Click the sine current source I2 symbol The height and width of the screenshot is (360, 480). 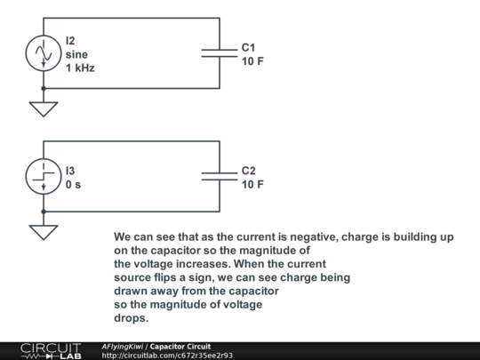[x=44, y=53]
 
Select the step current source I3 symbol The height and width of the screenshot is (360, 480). [x=44, y=176]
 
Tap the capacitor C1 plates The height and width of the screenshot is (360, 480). [x=220, y=53]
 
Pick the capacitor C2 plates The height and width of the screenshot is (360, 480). [x=220, y=176]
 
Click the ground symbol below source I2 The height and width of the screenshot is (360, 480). [x=44, y=109]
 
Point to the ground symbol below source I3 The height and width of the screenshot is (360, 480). [x=44, y=233]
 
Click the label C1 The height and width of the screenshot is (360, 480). [x=248, y=48]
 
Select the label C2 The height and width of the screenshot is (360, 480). [x=248, y=171]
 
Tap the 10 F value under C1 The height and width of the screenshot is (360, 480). [x=252, y=61]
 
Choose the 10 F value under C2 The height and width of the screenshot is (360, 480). [x=252, y=184]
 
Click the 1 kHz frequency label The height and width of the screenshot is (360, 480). [x=80, y=68]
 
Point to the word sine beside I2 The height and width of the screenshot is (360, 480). [x=76, y=54]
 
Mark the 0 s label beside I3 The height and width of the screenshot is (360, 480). [x=73, y=184]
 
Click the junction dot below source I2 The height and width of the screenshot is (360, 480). [x=44, y=89]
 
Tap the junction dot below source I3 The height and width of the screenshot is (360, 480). [x=44, y=212]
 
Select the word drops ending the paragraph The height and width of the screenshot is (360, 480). [x=132, y=318]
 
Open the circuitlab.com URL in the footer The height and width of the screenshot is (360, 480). [x=167, y=356]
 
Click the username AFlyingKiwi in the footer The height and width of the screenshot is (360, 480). [x=122, y=347]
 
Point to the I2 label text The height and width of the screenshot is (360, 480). [x=70, y=41]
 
